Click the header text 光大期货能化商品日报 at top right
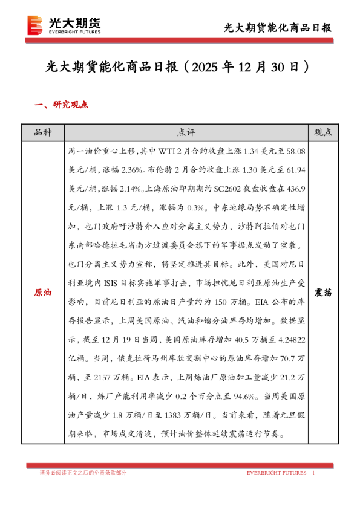[278, 28]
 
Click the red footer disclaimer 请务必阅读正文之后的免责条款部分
[83, 472]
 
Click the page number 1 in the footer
[313, 472]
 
